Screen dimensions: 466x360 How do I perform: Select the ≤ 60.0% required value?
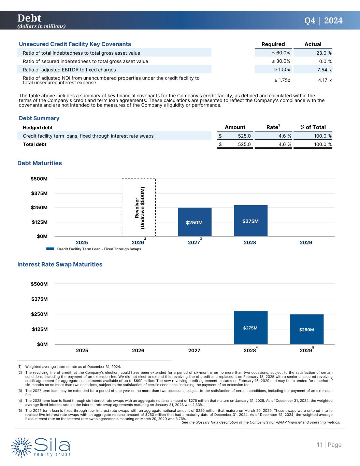pyautogui.click(x=279, y=53)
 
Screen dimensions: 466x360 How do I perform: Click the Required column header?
pyautogui.click(x=273, y=44)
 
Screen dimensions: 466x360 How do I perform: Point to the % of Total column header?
pyautogui.click(x=313, y=127)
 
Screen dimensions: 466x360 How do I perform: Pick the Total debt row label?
pyautogui.click(x=34, y=144)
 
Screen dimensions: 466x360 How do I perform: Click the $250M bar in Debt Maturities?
pyautogui.click(x=195, y=222)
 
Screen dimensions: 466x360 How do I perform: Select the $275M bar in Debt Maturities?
pyautogui.click(x=250, y=221)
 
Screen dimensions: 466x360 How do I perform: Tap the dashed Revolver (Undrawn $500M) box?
pyautogui.click(x=139, y=207)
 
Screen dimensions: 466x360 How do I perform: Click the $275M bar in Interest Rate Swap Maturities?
pyautogui.click(x=250, y=328)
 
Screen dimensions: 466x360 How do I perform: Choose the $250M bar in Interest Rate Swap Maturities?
pyautogui.click(x=306, y=329)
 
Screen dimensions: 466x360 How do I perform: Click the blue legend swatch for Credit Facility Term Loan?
pyautogui.click(x=50, y=249)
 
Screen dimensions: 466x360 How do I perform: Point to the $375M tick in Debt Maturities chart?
pyautogui.click(x=39, y=193)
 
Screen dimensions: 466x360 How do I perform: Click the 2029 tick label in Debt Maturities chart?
pyautogui.click(x=306, y=243)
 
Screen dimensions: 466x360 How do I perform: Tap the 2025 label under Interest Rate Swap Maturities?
pyautogui.click(x=82, y=351)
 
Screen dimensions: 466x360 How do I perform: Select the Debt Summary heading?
pyautogui.click(x=39, y=118)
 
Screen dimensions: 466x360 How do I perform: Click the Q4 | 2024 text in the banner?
pyautogui.click(x=323, y=21)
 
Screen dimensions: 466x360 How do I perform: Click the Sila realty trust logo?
pyautogui.click(x=41, y=446)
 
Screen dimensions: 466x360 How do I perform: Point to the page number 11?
pyautogui.click(x=319, y=445)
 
